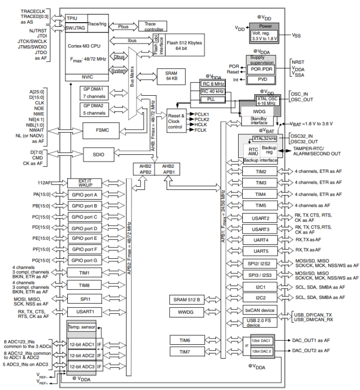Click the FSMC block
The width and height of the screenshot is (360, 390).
pyautogui.click(x=101, y=130)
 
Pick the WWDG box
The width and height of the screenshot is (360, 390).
pyautogui.click(x=185, y=312)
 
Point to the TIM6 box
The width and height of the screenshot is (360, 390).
pyautogui.click(x=185, y=339)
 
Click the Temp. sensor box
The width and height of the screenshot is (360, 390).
pyautogui.click(x=81, y=327)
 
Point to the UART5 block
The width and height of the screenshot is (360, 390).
pyautogui.click(x=261, y=251)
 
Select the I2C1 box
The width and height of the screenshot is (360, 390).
pyautogui.click(x=261, y=287)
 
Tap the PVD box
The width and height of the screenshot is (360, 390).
pyautogui.click(x=262, y=79)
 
